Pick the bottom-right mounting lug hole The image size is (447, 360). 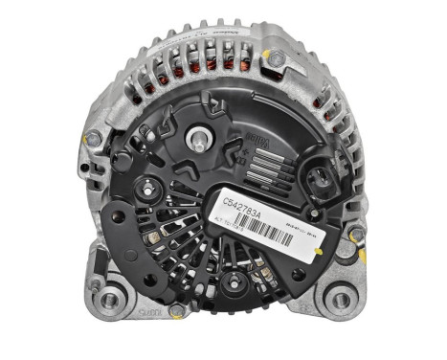pyautogui.click(x=339, y=299)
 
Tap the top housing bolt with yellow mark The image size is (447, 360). pyautogui.click(x=276, y=59)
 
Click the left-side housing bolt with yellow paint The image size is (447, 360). pyautogui.click(x=93, y=140)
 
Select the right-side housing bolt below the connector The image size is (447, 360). pyautogui.click(x=355, y=235)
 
